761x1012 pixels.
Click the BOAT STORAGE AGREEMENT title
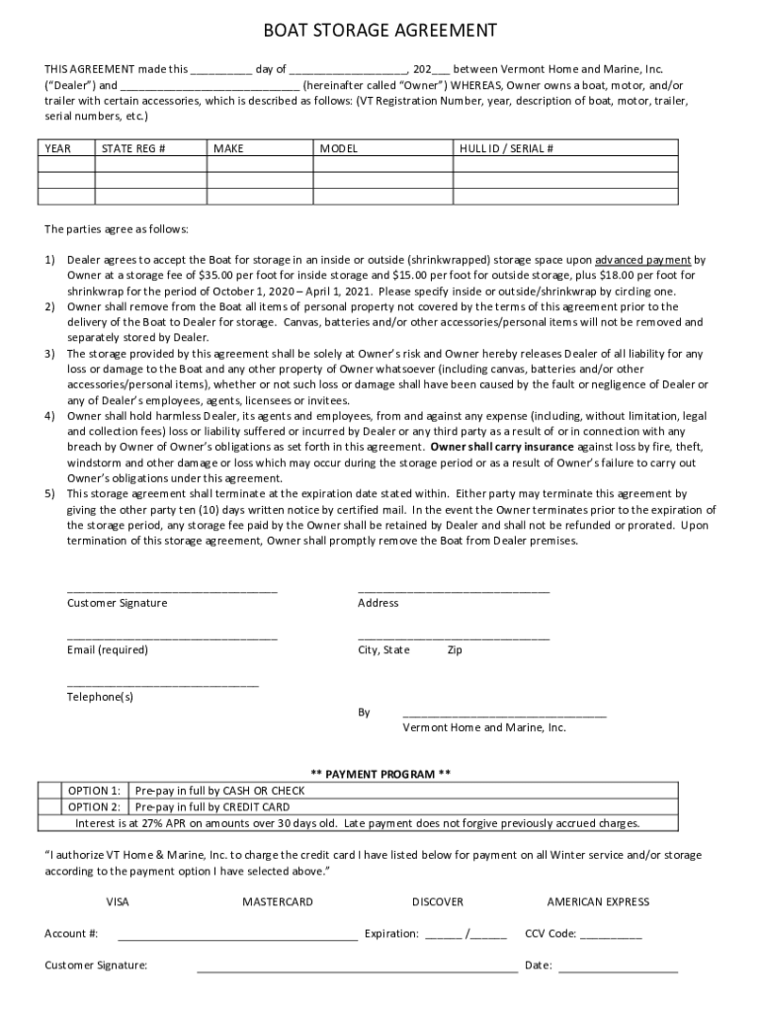(380, 32)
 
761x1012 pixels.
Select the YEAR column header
(58, 148)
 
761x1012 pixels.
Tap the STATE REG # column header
(133, 148)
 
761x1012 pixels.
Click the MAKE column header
(228, 148)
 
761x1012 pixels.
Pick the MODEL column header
(338, 148)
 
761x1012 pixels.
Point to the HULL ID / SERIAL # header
(506, 148)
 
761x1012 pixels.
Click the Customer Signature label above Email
(117, 603)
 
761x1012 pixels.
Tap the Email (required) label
(107, 650)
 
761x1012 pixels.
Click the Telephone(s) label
(100, 697)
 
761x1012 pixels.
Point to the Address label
(378, 603)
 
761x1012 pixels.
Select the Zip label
(455, 650)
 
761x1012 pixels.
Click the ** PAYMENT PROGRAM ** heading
(380, 774)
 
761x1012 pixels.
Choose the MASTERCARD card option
(278, 901)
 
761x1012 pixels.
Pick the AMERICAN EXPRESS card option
(598, 901)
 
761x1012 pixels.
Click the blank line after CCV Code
(611, 934)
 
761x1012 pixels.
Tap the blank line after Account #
(237, 934)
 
